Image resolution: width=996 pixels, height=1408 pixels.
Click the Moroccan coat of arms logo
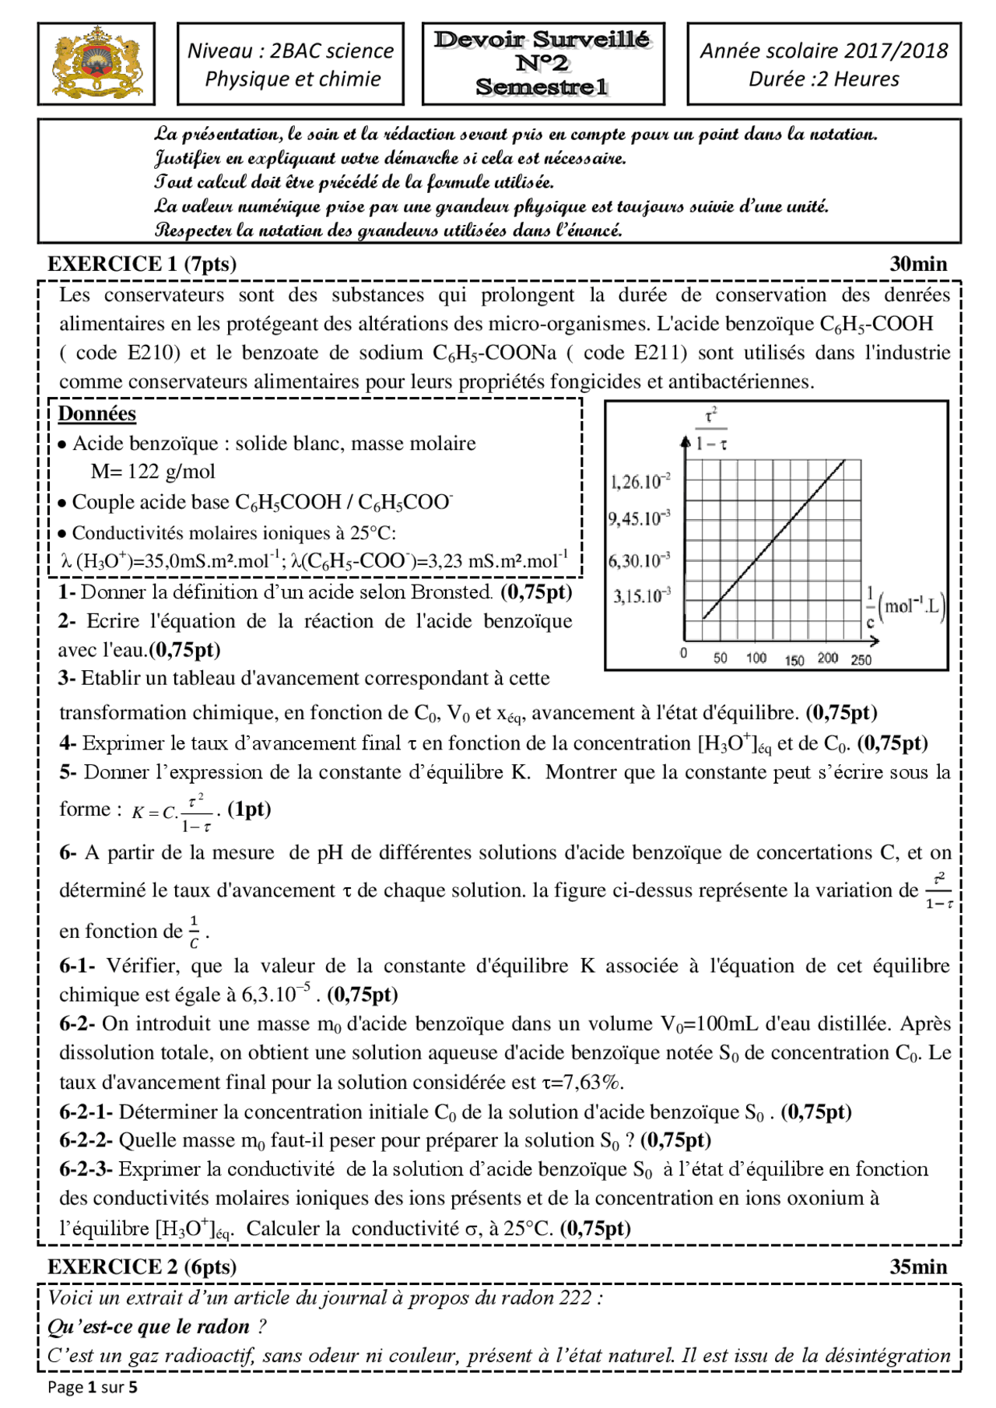[x=96, y=63]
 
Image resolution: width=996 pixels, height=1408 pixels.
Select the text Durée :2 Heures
[x=823, y=79]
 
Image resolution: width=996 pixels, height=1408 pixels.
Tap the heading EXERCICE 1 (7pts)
[x=142, y=264]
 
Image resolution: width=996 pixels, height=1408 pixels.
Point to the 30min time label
[x=918, y=264]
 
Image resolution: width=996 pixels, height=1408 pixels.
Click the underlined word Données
[x=97, y=414]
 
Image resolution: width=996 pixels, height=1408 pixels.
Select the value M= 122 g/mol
[x=153, y=472]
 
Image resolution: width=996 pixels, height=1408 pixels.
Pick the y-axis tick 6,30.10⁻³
[x=639, y=560]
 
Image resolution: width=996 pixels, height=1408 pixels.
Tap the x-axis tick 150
[x=794, y=660]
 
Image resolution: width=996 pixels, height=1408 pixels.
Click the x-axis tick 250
[x=861, y=660]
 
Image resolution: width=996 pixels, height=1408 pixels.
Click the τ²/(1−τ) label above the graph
[x=710, y=430]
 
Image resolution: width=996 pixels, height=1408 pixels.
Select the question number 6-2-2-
[x=86, y=1141]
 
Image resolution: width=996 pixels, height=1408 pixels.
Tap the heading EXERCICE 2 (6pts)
[x=142, y=1267]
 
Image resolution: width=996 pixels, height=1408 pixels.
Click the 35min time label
[x=918, y=1267]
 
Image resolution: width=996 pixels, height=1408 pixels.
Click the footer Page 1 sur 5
[x=92, y=1387]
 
